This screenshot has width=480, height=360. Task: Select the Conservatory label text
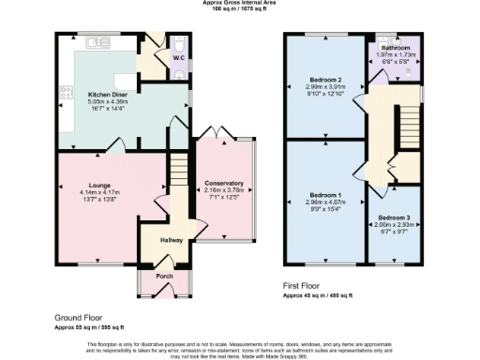[224, 183]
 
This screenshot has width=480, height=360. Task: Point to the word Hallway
[171, 240]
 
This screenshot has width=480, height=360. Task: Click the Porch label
[164, 276]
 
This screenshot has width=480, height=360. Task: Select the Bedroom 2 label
[323, 80]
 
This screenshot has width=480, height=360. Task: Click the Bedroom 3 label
[394, 217]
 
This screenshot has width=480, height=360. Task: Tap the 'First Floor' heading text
[306, 285]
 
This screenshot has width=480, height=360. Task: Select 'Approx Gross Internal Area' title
[240, 3]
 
